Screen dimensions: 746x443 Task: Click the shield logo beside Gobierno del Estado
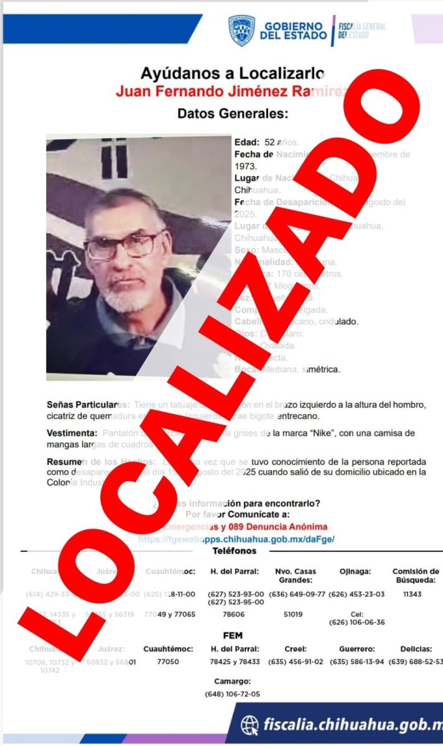point(241,30)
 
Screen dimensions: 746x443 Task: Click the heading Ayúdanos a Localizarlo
point(231,73)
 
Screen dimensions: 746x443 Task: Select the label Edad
point(246,142)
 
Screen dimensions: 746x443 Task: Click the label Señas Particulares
point(87,405)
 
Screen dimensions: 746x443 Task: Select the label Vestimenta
point(72,433)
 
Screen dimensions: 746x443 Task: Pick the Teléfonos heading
point(234,551)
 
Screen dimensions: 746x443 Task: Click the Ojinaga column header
point(357,571)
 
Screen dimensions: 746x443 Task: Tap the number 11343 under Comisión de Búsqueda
point(413,594)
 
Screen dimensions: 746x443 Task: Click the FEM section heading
point(233,635)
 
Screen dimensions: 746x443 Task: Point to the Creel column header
point(296,649)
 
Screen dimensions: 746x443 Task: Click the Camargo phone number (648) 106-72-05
point(233,694)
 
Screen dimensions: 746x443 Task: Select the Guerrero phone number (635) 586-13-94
point(357,661)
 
